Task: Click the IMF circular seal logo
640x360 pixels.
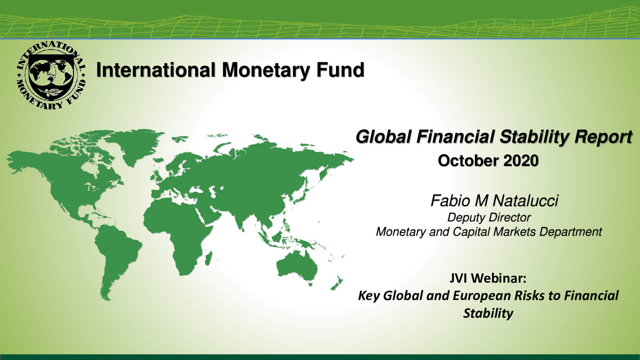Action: pos(51,76)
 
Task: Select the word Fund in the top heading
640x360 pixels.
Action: pos(340,70)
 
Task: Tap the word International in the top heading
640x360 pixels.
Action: pos(156,70)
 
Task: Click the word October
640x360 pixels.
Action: pos(468,161)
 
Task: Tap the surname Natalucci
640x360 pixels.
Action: pos(525,201)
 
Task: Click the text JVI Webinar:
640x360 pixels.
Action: pos(488,278)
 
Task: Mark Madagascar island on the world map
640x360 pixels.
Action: pos(208,259)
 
